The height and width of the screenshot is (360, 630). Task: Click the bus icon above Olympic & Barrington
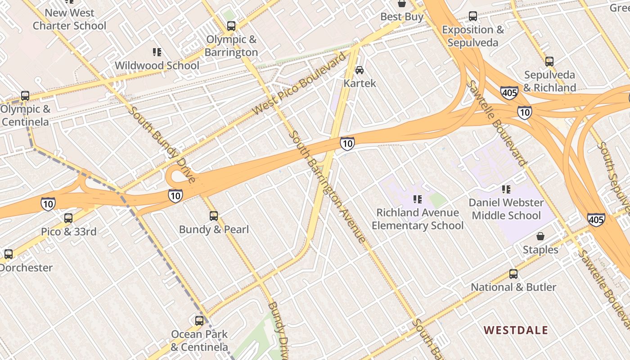(231, 26)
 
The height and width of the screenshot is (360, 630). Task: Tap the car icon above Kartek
(360, 70)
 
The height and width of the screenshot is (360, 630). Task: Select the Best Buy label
(402, 17)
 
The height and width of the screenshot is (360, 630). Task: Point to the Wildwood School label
(157, 66)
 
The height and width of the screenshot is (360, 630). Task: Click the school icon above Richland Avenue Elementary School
(417, 199)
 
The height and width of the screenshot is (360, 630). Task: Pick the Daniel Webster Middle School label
(506, 209)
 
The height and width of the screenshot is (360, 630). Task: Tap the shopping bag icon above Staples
(540, 236)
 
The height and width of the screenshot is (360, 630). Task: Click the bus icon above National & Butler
(513, 274)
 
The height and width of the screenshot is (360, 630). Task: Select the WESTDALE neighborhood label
(516, 330)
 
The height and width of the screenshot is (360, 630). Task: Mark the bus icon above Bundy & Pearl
(214, 216)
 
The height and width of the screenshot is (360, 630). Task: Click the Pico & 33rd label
(69, 232)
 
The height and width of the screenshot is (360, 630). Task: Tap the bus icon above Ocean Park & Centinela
(199, 321)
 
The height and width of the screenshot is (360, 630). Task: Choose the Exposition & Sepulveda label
(473, 36)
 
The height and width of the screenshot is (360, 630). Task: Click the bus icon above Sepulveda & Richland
(549, 62)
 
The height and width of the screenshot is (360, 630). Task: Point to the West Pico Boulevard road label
(300, 84)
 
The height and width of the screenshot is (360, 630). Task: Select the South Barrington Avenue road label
(327, 187)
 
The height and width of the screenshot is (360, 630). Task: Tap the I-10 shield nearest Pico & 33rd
(48, 204)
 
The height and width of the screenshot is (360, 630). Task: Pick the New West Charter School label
(69, 19)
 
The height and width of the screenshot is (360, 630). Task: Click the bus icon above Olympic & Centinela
(25, 96)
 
